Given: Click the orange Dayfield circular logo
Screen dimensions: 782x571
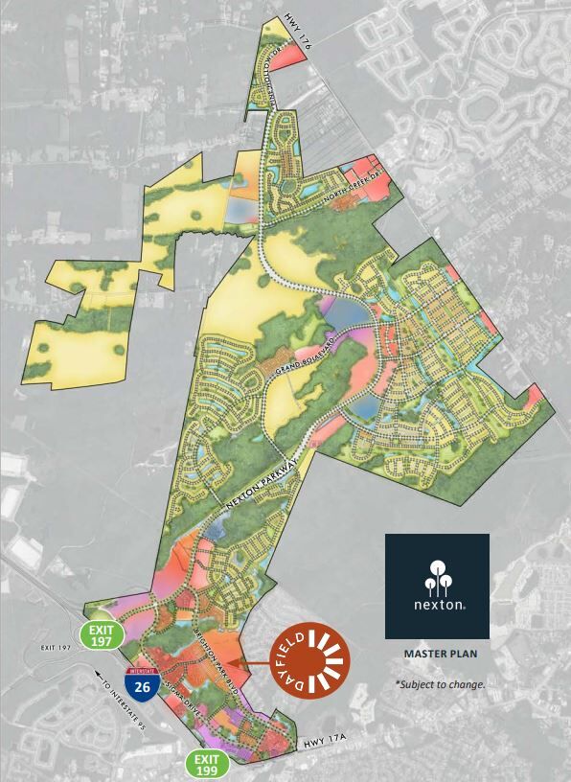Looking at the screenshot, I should tap(311, 660).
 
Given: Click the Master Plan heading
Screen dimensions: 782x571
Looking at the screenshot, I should tap(438, 657).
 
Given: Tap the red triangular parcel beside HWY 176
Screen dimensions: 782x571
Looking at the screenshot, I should tap(292, 53).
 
